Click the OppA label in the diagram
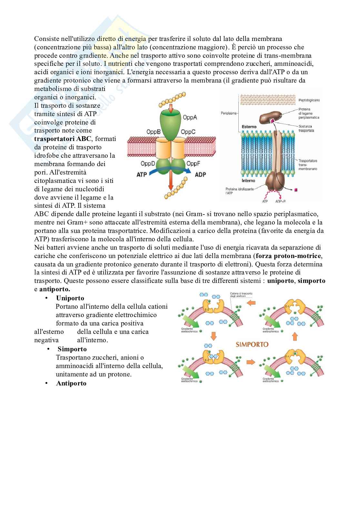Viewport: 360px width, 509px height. pyautogui.click(x=190, y=117)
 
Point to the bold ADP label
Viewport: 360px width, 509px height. pyautogui.click(x=200, y=175)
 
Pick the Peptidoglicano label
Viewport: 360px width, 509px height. pyautogui.click(x=309, y=100)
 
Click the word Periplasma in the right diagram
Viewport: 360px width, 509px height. pyautogui.click(x=229, y=113)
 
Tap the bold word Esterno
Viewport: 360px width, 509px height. pyautogui.click(x=249, y=127)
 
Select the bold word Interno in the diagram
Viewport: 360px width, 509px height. pyautogui.click(x=249, y=181)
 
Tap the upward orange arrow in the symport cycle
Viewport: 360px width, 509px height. pyautogui.click(x=294, y=337)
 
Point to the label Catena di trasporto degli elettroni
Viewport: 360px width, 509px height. pyautogui.click(x=241, y=295)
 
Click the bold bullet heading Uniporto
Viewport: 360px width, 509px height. pyautogui.click(x=70, y=298)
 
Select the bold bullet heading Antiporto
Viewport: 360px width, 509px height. pyautogui.click(x=71, y=383)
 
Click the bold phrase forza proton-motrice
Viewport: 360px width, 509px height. pyautogui.click(x=289, y=256)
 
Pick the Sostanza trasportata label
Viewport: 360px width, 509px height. pyautogui.click(x=306, y=128)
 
